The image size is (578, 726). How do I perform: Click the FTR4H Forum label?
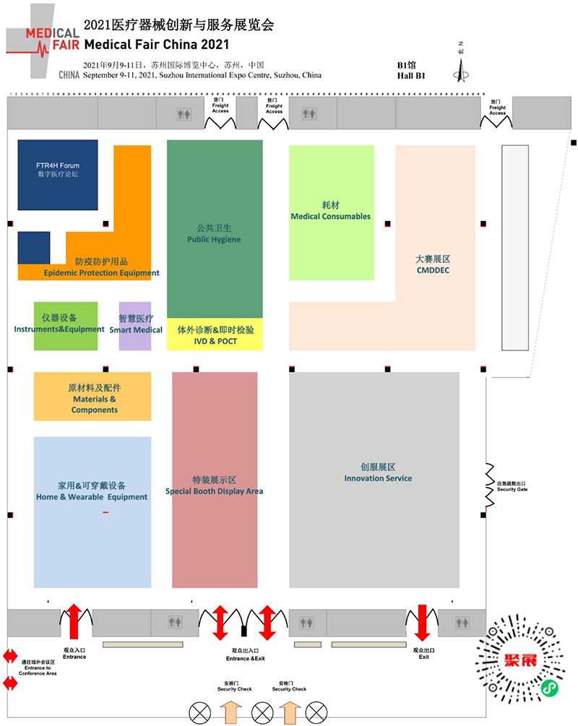tap(58, 165)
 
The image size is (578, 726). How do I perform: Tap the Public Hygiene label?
tap(214, 239)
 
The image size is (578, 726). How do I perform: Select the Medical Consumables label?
tap(330, 216)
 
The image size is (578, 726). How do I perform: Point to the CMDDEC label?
tap(433, 271)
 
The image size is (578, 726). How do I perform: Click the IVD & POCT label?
tap(215, 341)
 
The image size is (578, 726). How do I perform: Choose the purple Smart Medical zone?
tap(135, 326)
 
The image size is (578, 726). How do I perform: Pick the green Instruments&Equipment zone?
tap(65, 326)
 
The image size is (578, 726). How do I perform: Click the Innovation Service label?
tap(378, 478)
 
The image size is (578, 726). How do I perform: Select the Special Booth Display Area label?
tap(215, 491)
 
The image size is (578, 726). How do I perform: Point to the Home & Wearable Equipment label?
tap(92, 497)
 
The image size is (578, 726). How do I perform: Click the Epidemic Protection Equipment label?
tap(101, 273)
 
